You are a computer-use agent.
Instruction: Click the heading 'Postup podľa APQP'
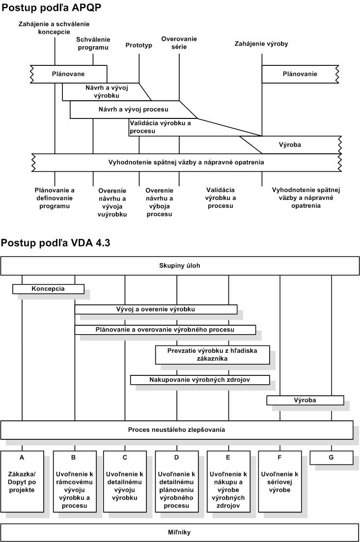click(x=52, y=7)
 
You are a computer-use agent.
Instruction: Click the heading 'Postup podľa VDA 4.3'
click(x=55, y=243)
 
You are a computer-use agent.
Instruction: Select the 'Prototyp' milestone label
click(x=139, y=45)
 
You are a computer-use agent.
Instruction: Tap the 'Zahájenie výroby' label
click(x=261, y=44)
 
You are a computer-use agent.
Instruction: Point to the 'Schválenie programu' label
click(x=93, y=44)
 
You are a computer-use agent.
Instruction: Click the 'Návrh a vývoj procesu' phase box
click(x=134, y=110)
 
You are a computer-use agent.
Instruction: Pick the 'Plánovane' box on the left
click(x=68, y=74)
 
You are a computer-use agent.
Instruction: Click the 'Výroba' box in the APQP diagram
click(x=290, y=145)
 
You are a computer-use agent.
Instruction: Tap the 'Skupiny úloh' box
click(x=180, y=266)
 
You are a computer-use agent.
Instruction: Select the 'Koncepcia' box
click(x=48, y=289)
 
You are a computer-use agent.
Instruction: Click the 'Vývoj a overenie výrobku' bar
click(x=156, y=310)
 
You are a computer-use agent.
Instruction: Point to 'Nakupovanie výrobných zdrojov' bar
click(x=200, y=380)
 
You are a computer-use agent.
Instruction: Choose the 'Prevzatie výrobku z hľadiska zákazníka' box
click(x=212, y=355)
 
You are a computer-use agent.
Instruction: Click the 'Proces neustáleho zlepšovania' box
click(x=176, y=430)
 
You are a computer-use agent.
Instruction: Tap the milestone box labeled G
click(x=332, y=457)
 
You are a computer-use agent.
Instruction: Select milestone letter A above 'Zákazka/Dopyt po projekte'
click(x=22, y=457)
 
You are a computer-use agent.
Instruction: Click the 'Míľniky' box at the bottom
click(x=180, y=533)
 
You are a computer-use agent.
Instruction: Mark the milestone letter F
click(x=279, y=457)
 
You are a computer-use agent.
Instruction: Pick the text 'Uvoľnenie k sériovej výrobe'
click(x=279, y=482)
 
